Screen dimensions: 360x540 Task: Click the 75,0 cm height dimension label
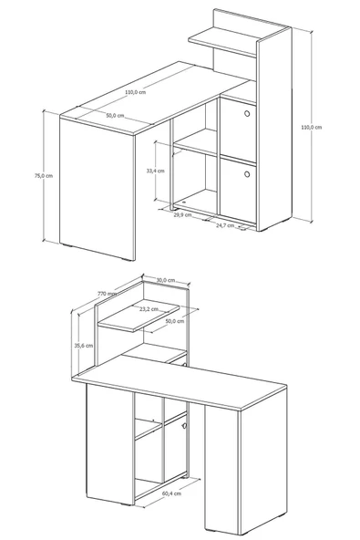(x=44, y=176)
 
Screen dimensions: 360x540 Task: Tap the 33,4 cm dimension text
(x=156, y=171)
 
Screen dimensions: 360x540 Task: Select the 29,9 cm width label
(x=182, y=215)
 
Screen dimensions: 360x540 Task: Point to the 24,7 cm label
(x=225, y=225)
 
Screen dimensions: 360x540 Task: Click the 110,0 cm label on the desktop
(x=135, y=92)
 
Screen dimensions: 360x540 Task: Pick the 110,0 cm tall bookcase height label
(x=312, y=127)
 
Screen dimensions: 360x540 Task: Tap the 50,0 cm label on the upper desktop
(x=115, y=116)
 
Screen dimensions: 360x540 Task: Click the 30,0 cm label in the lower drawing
(x=166, y=280)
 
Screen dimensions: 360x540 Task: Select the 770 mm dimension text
(x=107, y=294)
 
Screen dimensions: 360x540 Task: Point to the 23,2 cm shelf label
(x=149, y=309)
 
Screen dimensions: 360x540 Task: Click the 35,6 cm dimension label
(x=84, y=346)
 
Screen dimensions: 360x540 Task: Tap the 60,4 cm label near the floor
(x=171, y=493)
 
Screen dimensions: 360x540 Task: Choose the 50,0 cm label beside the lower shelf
(x=175, y=321)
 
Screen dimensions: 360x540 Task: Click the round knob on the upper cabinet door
(x=247, y=113)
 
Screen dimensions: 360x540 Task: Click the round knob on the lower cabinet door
(x=247, y=174)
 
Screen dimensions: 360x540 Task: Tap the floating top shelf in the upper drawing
(x=222, y=41)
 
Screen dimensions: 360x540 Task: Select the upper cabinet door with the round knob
(x=238, y=130)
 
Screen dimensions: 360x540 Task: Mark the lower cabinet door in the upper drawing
(x=238, y=189)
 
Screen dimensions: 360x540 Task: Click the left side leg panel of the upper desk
(x=98, y=189)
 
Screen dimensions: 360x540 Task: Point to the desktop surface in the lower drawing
(x=180, y=381)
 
